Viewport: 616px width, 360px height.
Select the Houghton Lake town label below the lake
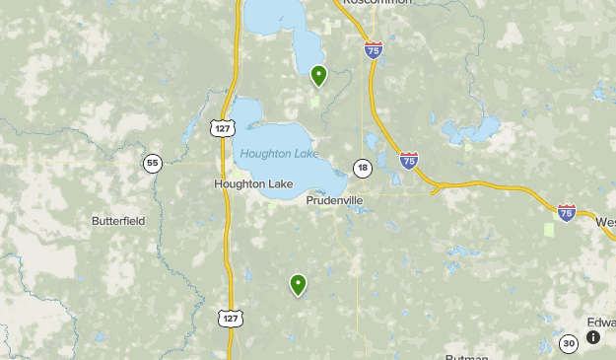click(253, 183)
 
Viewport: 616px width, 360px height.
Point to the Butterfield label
click(118, 221)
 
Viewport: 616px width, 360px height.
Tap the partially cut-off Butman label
click(467, 356)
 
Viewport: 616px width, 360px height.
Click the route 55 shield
click(152, 164)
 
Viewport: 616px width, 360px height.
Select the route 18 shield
click(363, 168)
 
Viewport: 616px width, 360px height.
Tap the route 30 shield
click(568, 343)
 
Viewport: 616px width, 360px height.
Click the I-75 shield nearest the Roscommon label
click(373, 50)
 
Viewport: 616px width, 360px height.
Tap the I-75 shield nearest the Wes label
click(567, 212)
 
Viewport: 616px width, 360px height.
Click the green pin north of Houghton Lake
click(318, 75)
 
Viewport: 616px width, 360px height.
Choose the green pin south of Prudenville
click(298, 285)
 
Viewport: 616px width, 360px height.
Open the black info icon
click(593, 337)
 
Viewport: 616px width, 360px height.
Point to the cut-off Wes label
click(604, 222)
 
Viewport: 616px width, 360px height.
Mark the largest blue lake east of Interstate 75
click(471, 129)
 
